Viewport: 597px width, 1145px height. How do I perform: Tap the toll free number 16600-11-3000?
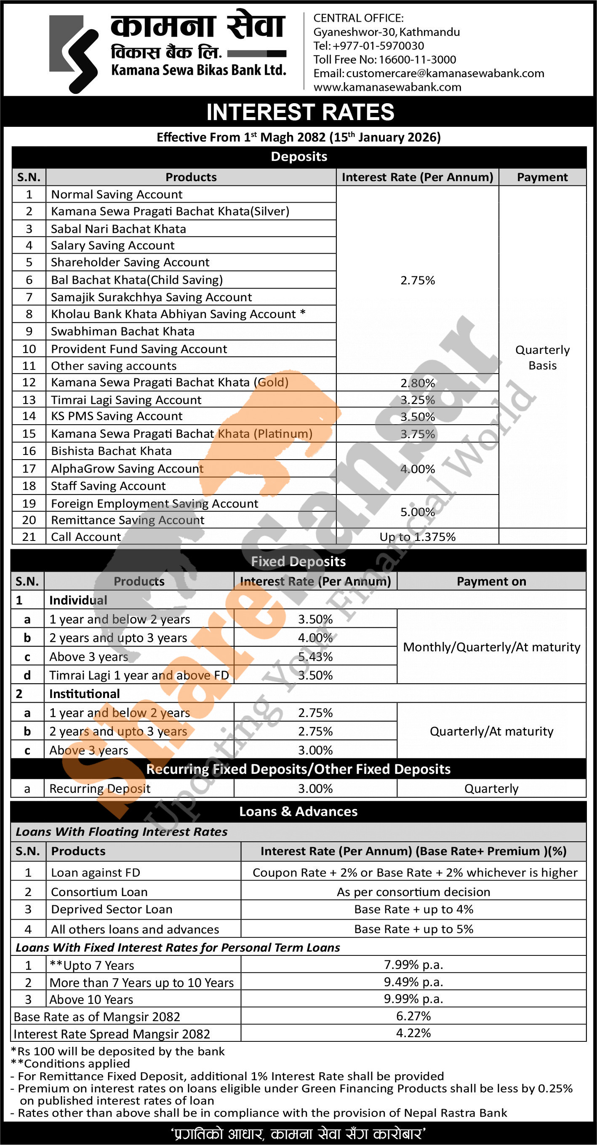click(x=417, y=59)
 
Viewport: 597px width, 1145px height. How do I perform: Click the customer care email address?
click(x=445, y=73)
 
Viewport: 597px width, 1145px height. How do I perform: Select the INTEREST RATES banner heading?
click(x=300, y=112)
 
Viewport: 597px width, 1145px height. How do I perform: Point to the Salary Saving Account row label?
click(x=113, y=245)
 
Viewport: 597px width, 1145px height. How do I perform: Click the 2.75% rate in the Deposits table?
click(x=418, y=280)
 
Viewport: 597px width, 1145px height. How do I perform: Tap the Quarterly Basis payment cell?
click(x=542, y=357)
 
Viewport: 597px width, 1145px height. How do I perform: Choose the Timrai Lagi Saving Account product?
click(x=126, y=400)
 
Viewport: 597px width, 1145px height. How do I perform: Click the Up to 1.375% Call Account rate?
click(x=418, y=537)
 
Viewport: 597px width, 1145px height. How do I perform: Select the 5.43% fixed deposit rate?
click(x=315, y=656)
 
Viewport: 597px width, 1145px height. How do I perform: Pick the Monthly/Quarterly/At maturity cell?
click(x=491, y=647)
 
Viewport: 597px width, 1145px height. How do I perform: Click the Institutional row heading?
click(x=84, y=694)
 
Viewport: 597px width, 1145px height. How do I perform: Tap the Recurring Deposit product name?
click(x=100, y=789)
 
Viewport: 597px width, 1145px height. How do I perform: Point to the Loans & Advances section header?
click(x=298, y=812)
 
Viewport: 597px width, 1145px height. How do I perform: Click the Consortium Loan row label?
click(x=99, y=892)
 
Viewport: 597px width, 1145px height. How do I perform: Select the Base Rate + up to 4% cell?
click(x=413, y=910)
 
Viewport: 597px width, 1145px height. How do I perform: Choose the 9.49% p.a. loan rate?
click(x=413, y=982)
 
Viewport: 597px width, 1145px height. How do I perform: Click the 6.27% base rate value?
click(x=413, y=1016)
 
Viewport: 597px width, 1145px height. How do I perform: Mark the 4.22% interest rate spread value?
click(x=413, y=1033)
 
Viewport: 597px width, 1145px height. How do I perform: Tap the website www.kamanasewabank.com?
click(x=387, y=87)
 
